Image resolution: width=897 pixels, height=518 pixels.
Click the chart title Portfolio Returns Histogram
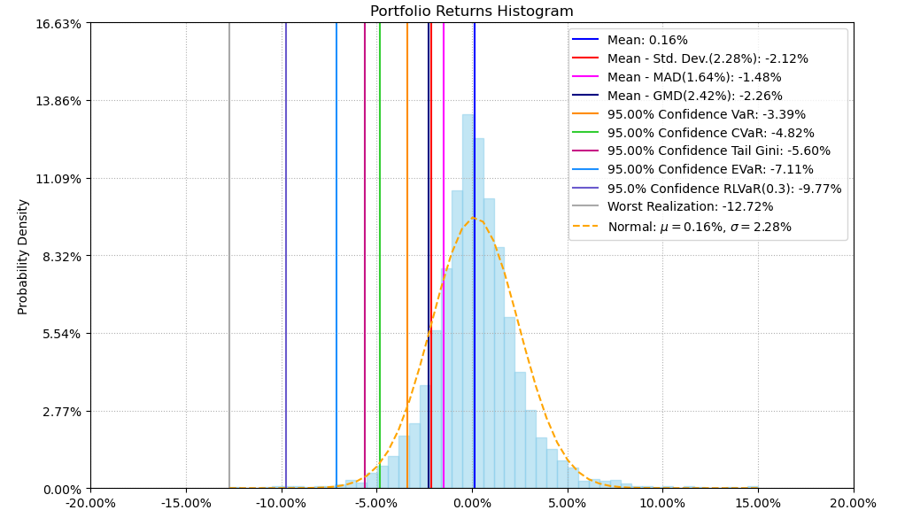(x=471, y=12)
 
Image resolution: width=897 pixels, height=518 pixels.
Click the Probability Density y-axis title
(x=23, y=256)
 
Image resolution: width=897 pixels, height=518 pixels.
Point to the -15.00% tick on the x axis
(x=186, y=504)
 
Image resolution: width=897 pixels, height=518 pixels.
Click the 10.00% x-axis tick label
(x=662, y=504)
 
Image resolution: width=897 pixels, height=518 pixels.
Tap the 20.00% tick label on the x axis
(x=854, y=504)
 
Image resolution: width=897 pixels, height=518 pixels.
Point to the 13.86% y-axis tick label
(x=58, y=101)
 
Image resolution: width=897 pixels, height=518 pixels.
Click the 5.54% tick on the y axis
(x=61, y=334)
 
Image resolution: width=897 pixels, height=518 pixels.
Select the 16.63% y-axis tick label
(x=58, y=23)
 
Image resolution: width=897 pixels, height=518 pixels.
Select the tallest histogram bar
(x=468, y=301)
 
